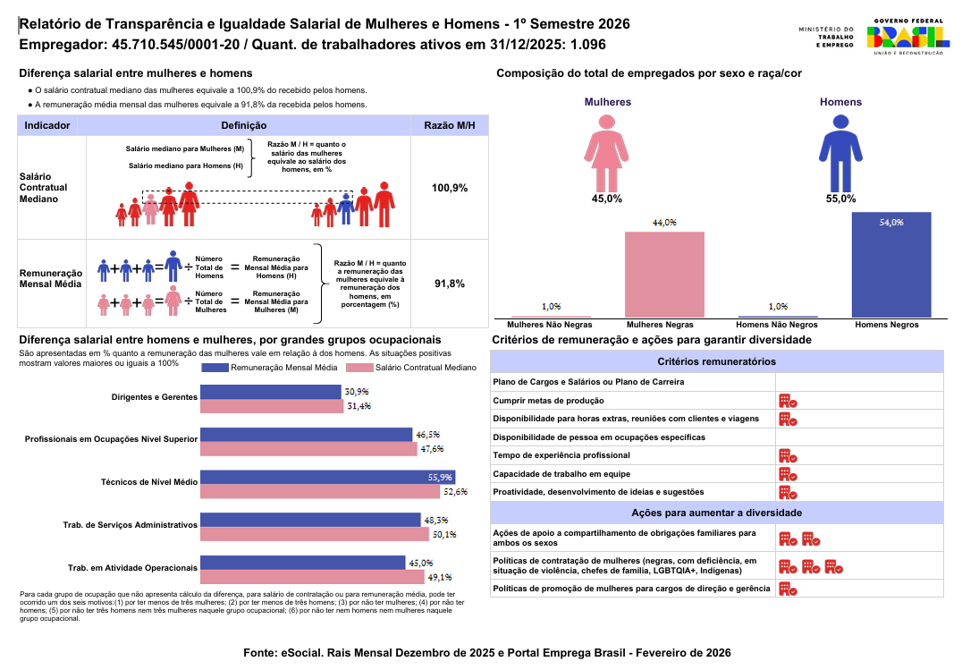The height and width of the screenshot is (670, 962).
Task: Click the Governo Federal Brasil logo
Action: (908, 37)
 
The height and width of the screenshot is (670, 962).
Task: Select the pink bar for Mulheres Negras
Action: (664, 275)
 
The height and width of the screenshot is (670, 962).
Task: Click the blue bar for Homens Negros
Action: (891, 265)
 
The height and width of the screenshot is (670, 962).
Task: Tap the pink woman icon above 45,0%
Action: (606, 154)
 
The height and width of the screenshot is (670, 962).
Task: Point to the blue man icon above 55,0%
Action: (840, 154)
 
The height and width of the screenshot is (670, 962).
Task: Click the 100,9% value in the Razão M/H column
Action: (450, 188)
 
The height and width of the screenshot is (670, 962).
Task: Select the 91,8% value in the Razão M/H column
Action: (450, 284)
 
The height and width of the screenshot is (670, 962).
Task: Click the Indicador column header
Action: (47, 125)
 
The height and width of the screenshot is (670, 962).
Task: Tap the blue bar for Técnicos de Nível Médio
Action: (327, 477)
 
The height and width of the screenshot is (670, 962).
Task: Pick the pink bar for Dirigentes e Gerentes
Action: (272, 406)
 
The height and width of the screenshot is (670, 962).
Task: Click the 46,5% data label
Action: (428, 435)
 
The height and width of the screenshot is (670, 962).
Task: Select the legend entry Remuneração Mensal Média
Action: (270, 368)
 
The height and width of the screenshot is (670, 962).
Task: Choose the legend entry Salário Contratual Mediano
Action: (411, 368)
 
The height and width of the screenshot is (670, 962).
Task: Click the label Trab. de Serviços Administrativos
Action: (130, 525)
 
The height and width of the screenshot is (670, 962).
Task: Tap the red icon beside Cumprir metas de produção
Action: (788, 401)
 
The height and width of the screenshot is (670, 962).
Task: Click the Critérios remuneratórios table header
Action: (717, 361)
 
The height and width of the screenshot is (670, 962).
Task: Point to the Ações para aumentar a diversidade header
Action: (717, 513)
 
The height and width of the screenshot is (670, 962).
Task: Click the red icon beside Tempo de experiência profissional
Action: (788, 455)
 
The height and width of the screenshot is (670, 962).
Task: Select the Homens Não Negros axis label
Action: (777, 325)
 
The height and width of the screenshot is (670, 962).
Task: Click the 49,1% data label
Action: (440, 577)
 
